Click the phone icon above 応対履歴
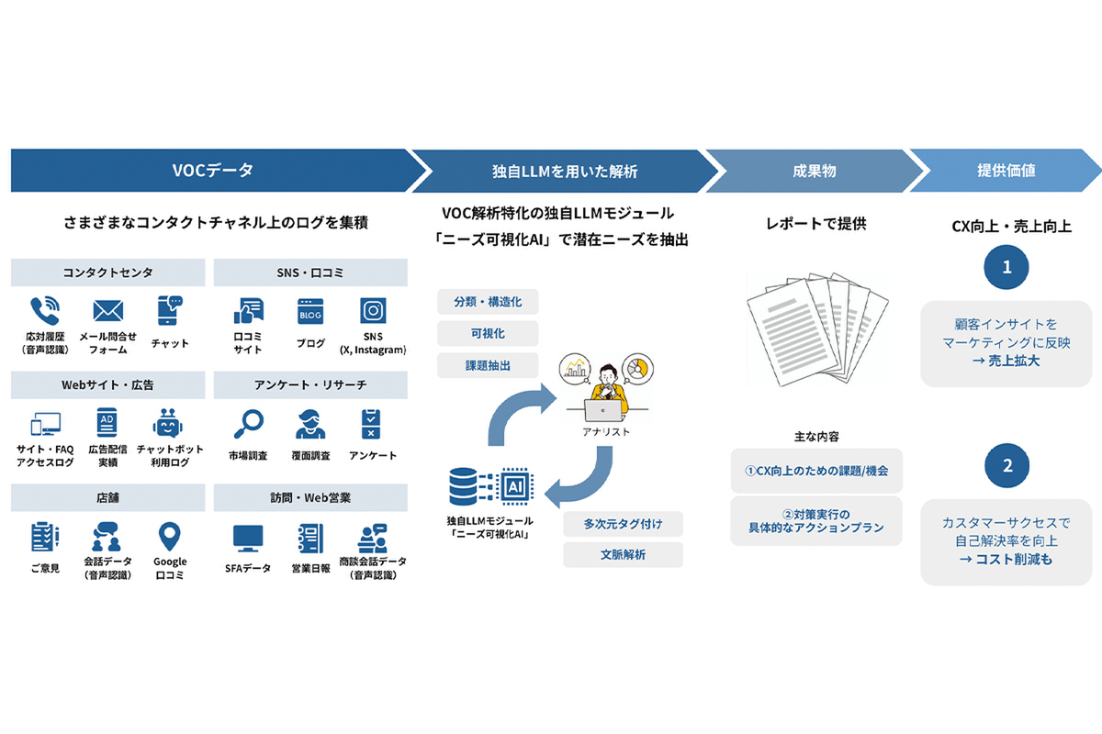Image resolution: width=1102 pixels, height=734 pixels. [x=43, y=310]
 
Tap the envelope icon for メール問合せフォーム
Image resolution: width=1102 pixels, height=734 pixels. [x=107, y=310]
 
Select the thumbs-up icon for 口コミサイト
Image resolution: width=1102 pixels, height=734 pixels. [x=248, y=311]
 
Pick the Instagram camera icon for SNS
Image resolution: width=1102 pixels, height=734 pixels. [x=373, y=311]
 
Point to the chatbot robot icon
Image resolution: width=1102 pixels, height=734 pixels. [x=168, y=425]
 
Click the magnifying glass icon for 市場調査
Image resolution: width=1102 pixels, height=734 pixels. [x=248, y=425]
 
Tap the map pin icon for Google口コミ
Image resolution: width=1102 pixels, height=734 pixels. [x=170, y=537]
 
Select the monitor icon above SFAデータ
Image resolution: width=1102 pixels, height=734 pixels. [x=248, y=537]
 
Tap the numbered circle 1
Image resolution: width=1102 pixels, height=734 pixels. [x=1006, y=267]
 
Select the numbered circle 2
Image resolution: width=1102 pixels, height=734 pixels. [x=1006, y=466]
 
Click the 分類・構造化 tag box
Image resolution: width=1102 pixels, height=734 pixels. [x=487, y=302]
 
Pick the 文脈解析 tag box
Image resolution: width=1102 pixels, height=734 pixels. [x=622, y=555]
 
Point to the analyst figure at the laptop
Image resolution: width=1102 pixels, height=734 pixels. [x=606, y=390]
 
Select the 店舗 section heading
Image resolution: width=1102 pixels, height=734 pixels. [x=108, y=498]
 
